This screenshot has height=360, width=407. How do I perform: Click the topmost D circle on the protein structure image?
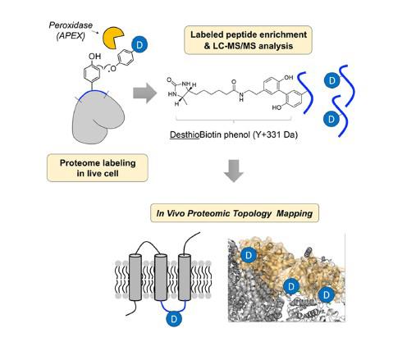249,256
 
